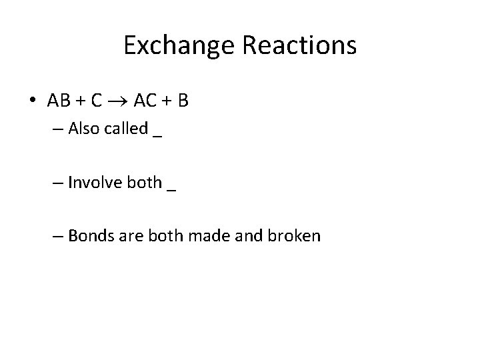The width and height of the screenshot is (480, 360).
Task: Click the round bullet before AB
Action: tap(33, 101)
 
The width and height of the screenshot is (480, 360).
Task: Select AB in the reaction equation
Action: tap(58, 101)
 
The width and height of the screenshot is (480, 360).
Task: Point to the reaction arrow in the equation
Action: tap(117, 101)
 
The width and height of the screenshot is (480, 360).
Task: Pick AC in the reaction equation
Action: tap(146, 101)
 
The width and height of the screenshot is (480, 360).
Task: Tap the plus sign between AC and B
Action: tap(167, 101)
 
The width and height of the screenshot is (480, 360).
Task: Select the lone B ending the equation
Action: tap(183, 101)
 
